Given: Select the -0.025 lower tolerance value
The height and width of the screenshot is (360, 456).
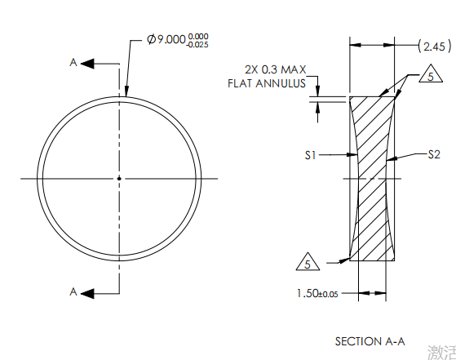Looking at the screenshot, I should click(198, 45).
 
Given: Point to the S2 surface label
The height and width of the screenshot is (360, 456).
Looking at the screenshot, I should click(435, 153).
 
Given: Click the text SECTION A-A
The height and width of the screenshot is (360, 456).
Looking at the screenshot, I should click(370, 340).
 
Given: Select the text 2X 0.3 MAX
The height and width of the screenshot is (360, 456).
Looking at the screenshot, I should click(275, 69).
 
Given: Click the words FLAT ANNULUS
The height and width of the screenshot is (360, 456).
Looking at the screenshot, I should click(267, 83).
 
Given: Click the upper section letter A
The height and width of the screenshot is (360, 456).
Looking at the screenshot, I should click(73, 62).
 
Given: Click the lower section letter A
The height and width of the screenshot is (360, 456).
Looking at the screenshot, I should click(73, 291).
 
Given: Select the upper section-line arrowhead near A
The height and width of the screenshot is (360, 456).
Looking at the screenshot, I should click(88, 62).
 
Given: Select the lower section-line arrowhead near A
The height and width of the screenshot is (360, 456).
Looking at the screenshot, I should click(88, 291).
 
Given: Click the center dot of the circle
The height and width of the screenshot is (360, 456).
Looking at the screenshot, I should click(119, 178).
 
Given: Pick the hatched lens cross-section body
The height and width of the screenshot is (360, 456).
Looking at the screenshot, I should click(372, 180).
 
